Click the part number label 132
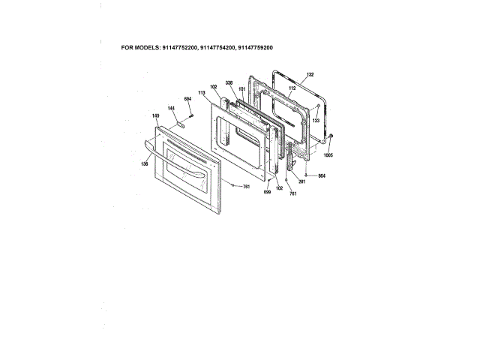pos(310,76)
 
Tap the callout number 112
pos(292,88)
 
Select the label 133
pos(316,120)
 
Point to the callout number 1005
pos(328,156)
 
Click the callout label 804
pos(322,175)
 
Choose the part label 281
pos(301,181)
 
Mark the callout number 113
pos(202,92)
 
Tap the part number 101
pos(242,89)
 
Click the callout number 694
pos(188,98)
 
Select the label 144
pos(171,109)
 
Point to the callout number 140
pos(156,115)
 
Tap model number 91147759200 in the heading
pos(255,48)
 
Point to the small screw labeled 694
pos(193,114)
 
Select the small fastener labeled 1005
pos(331,136)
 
